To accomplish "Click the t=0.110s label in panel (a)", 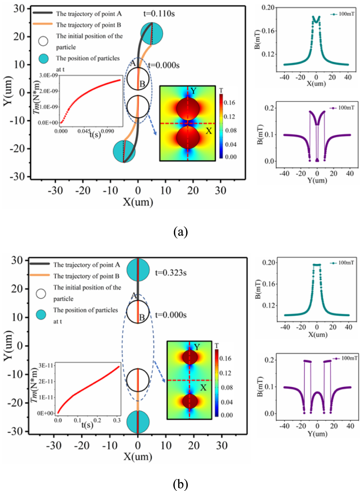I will (x=159, y=14).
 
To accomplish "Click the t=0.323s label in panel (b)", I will (x=171, y=273).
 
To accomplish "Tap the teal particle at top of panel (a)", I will (x=152, y=33).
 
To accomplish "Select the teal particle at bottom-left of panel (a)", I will (x=124, y=151).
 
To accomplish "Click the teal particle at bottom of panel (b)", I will (x=138, y=421).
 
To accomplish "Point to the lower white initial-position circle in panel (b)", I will (x=138, y=380).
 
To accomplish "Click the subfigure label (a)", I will (x=181, y=232).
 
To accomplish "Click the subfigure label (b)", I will (x=181, y=484).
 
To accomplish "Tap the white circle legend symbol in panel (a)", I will (x=43, y=41).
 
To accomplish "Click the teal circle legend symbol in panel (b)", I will (x=41, y=315).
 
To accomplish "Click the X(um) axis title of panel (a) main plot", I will (x=138, y=202).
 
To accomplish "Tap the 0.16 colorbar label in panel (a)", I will (x=229, y=103).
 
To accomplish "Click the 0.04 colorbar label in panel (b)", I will (x=227, y=402).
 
